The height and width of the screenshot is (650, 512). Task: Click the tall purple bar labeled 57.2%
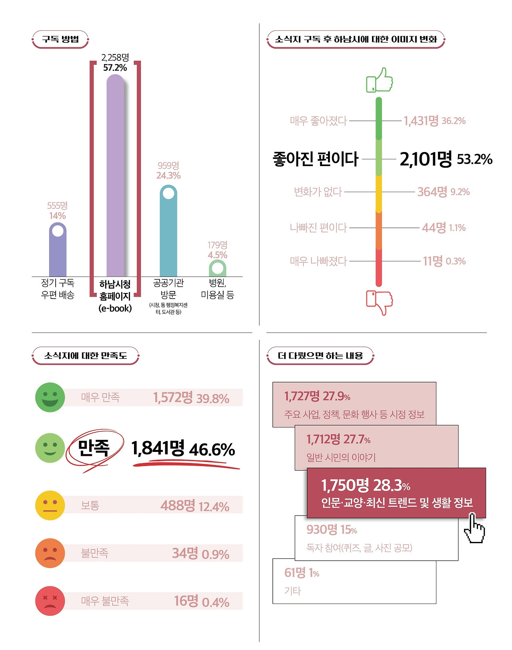tap(115, 176)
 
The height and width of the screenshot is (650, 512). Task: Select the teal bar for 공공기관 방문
tap(168, 236)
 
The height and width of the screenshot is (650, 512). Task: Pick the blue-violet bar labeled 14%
tap(58, 252)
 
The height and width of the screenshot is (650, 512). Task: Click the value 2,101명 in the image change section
tap(426, 159)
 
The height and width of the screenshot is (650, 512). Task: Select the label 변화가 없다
tap(318, 192)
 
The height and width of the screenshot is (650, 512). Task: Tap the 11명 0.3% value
tap(444, 261)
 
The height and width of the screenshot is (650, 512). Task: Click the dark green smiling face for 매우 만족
tap(50, 397)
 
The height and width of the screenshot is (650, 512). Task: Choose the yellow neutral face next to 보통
tap(50, 505)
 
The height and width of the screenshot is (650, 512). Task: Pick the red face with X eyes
tap(50, 601)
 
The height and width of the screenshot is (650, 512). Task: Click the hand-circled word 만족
tap(94, 448)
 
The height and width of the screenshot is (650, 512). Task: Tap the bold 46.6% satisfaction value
tap(212, 450)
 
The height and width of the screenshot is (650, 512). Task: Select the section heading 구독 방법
tap(60, 39)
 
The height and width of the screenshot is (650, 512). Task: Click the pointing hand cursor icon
tap(474, 529)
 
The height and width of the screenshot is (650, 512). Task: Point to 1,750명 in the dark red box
tap(345, 485)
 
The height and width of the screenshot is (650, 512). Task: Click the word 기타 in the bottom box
tap(292, 591)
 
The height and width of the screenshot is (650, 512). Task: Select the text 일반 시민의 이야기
tap(341, 457)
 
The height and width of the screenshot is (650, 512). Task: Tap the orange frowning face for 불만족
tap(50, 553)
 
